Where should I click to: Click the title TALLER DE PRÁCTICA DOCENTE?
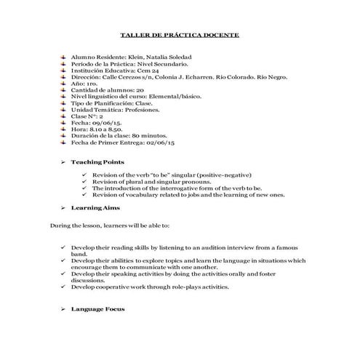(179, 34)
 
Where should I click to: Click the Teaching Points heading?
(97, 161)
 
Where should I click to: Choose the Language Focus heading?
(97, 308)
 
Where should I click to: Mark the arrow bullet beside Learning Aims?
(64, 208)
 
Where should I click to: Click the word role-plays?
(175, 287)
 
